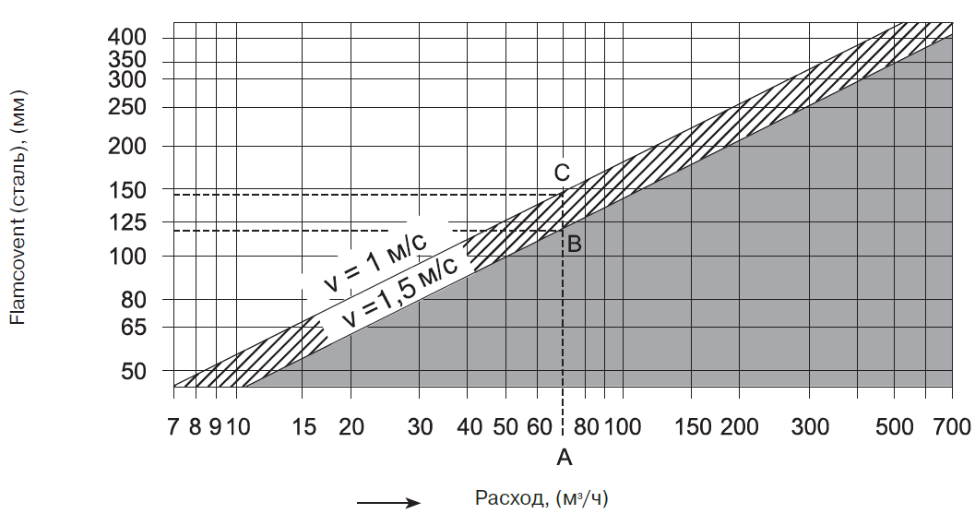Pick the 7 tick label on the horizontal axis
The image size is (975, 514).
pos(173,426)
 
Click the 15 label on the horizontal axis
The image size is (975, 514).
pos(303,426)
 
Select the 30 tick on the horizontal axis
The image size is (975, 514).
pos(419,426)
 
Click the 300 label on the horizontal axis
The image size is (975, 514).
pos(810,426)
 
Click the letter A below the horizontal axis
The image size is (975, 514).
pos(565,456)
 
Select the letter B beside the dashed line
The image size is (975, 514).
pos(574,245)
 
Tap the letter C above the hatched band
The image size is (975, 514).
pos(562,172)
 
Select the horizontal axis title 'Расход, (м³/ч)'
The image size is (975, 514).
pos(542,498)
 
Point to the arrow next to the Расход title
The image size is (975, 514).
pos(388,503)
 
